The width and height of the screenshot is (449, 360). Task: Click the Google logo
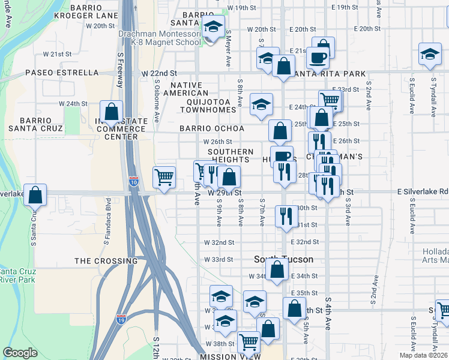[x=20, y=353]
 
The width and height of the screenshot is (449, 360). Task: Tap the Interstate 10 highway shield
[x=133, y=181]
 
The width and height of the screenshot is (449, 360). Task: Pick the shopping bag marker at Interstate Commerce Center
[x=112, y=112]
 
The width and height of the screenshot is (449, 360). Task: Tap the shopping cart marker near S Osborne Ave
[x=164, y=177]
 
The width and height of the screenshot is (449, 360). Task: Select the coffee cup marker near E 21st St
[x=318, y=58]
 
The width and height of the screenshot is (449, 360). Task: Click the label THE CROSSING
[x=106, y=261]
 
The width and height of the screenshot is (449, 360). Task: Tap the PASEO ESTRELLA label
[x=62, y=73]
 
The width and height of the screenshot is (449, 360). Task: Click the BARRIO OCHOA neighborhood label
[x=212, y=128]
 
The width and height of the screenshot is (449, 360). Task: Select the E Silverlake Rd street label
[x=423, y=191]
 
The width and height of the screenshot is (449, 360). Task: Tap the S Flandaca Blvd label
[x=107, y=219]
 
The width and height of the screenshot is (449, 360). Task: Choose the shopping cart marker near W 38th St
[x=249, y=343]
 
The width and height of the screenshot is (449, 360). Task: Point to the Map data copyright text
[x=424, y=355]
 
